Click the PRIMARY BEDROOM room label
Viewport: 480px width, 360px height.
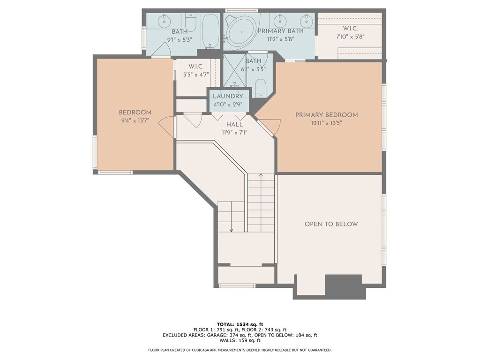pyautogui.click(x=326, y=115)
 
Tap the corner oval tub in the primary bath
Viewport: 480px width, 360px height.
pyautogui.click(x=241, y=32)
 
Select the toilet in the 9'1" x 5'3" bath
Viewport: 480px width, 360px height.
pyautogui.click(x=190, y=22)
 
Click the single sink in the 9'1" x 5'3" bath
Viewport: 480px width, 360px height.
pyautogui.click(x=165, y=20)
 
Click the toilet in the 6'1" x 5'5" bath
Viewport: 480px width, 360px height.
pyautogui.click(x=261, y=88)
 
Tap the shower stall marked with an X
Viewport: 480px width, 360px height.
pyautogui.click(x=235, y=70)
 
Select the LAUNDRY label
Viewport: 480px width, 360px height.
pyautogui.click(x=228, y=97)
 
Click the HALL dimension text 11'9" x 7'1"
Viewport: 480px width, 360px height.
pyautogui.click(x=234, y=133)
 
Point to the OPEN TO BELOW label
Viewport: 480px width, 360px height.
pyautogui.click(x=331, y=224)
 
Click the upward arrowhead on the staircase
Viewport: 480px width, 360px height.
pyautogui.click(x=261, y=175)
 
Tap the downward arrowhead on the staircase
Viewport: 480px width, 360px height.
pyautogui.click(x=231, y=230)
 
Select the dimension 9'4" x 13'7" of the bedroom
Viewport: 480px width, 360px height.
pyautogui.click(x=135, y=120)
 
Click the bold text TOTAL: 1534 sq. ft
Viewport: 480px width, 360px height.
pyautogui.click(x=240, y=324)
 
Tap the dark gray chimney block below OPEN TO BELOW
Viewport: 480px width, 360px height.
pyautogui.click(x=343, y=286)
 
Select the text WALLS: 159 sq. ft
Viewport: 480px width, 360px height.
pyautogui.click(x=240, y=340)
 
